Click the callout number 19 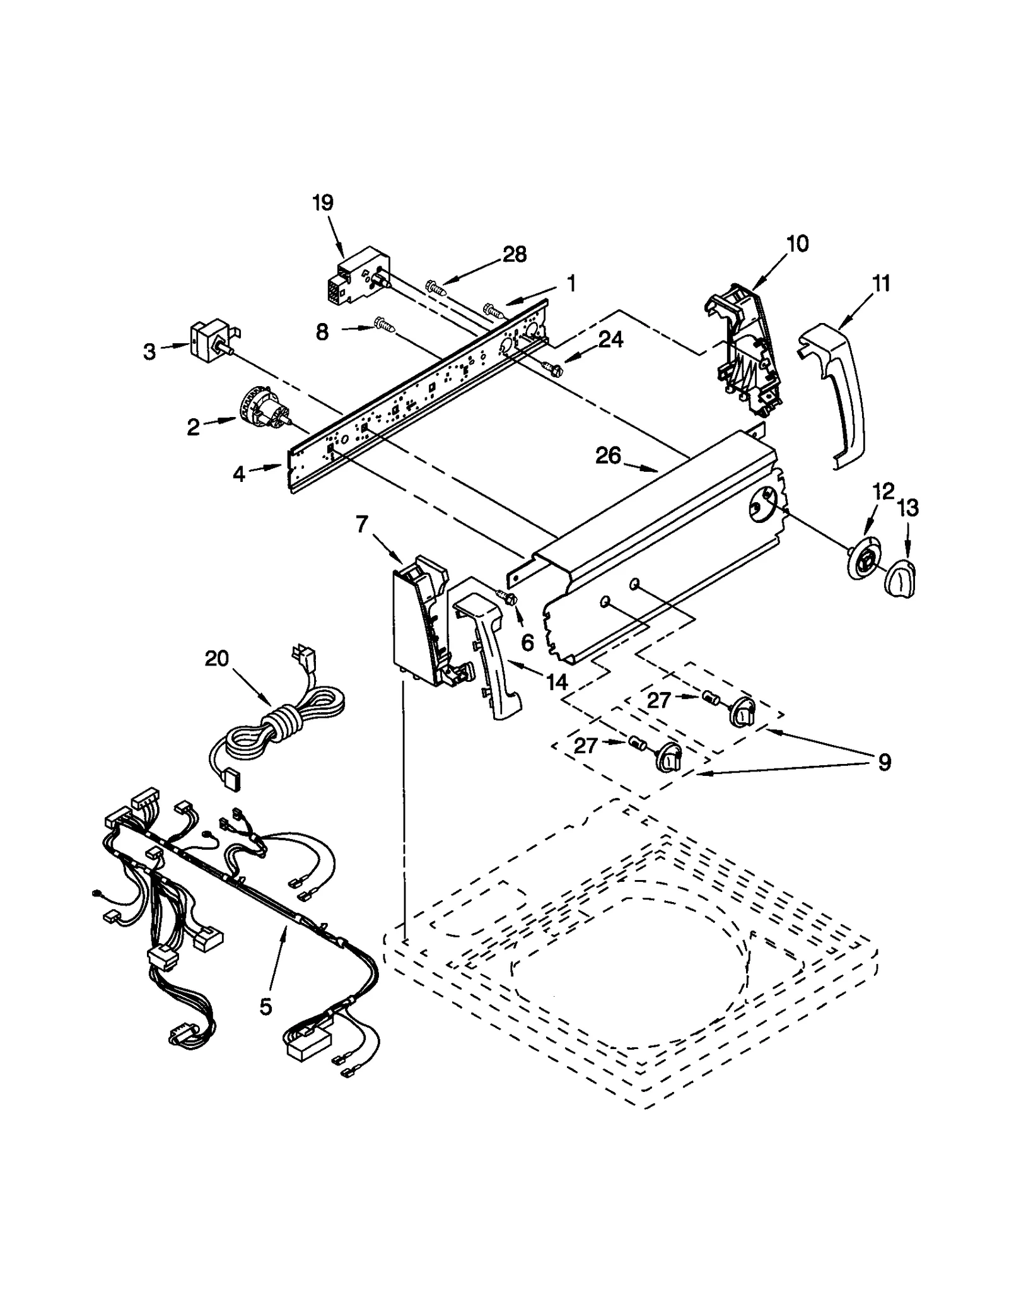(x=323, y=203)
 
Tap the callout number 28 (x=515, y=255)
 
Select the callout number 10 (x=798, y=244)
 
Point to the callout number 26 (x=609, y=455)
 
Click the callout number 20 (x=217, y=659)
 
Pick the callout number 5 (x=265, y=1007)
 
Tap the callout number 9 (x=884, y=763)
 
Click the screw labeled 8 (x=385, y=324)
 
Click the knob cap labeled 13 (x=901, y=575)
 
